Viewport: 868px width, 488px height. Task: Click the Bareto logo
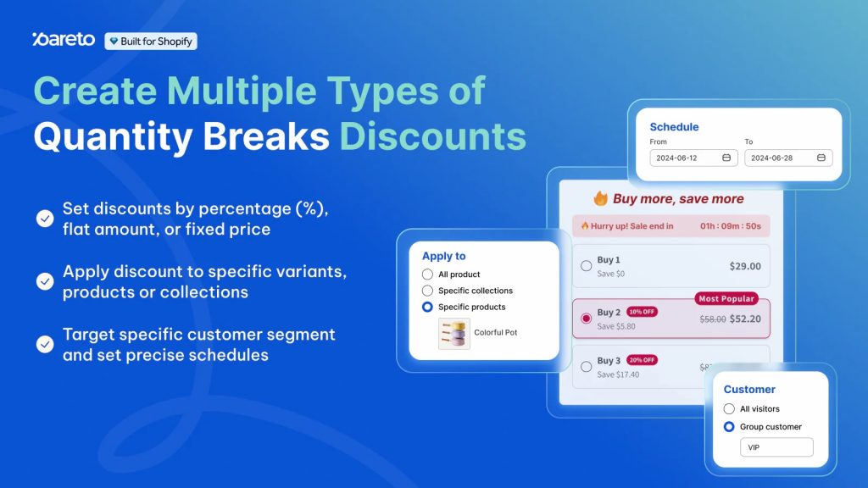pos(64,39)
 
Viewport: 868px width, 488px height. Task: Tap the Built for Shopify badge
pos(151,41)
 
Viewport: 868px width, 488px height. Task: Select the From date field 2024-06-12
pos(693,158)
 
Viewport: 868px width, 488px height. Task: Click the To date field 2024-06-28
pos(788,158)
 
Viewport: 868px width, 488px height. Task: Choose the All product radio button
pos(427,274)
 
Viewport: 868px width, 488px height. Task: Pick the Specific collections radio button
pos(427,291)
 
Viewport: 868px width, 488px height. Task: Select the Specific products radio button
pos(427,307)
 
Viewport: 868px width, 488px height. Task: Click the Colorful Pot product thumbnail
pos(453,333)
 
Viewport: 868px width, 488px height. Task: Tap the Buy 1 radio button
pos(586,266)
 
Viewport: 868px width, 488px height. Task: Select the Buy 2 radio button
pos(586,319)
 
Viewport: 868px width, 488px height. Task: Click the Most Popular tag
pos(726,299)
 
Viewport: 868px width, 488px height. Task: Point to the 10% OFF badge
pos(642,312)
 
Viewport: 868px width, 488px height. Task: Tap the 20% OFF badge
pos(642,360)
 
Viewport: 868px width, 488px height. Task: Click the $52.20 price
pos(744,319)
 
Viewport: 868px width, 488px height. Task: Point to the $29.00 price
pos(745,266)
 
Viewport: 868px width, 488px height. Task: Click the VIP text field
pos(776,447)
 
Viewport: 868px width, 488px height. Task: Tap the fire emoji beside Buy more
pos(600,199)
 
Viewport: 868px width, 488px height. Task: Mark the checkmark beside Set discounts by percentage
pos(45,219)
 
